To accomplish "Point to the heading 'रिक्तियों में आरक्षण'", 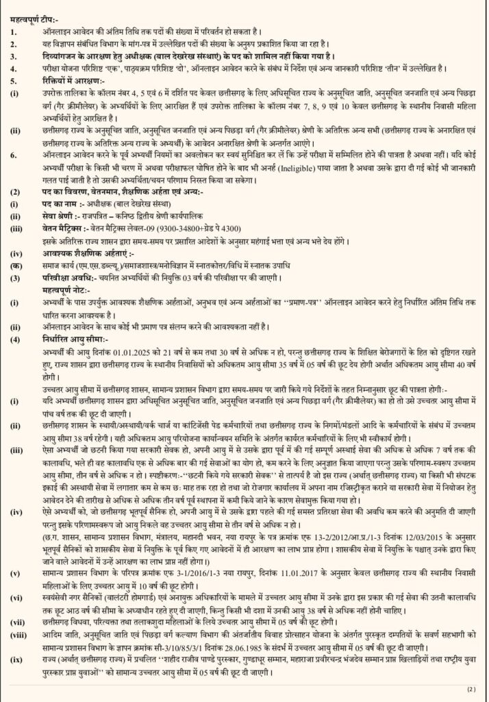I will pyautogui.click(x=62, y=80).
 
